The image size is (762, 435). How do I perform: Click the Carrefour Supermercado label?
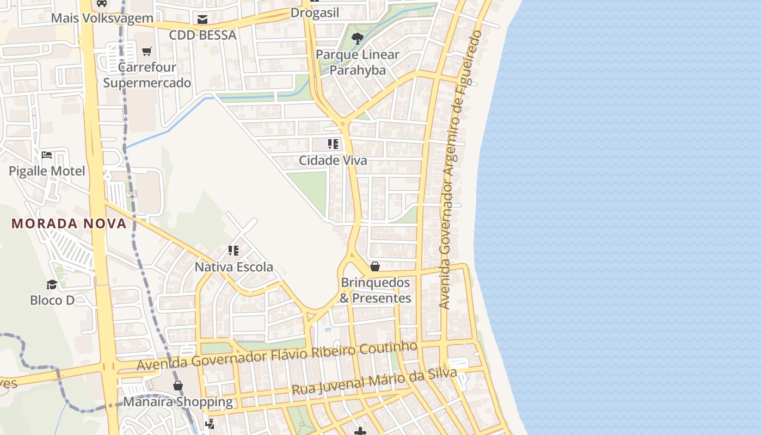(x=147, y=75)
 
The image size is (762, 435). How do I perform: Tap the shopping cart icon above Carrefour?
(x=146, y=52)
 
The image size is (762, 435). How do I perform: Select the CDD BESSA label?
(x=202, y=35)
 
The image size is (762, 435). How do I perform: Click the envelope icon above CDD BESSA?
(x=202, y=20)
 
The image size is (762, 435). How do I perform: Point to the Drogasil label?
(x=315, y=13)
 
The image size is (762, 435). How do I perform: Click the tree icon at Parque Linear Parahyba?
(x=358, y=38)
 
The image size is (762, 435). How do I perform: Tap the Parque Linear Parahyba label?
(x=358, y=63)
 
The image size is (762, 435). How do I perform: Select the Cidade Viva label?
(x=333, y=161)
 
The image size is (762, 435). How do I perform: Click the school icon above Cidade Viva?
(x=333, y=144)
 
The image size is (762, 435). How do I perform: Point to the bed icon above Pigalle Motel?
(x=47, y=155)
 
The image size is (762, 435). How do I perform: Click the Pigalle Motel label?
(x=47, y=171)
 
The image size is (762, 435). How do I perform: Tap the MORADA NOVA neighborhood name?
(x=69, y=223)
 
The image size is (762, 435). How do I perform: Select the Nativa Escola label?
(x=234, y=268)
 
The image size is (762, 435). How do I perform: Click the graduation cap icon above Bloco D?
(x=52, y=284)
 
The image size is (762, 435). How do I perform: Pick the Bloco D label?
(x=52, y=300)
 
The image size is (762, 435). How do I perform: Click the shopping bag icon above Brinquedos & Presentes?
(x=375, y=266)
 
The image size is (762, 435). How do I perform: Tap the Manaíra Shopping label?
(x=178, y=402)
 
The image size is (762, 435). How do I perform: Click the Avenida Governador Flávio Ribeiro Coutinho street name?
(x=277, y=356)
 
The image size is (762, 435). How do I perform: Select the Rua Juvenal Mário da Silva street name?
(x=374, y=382)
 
